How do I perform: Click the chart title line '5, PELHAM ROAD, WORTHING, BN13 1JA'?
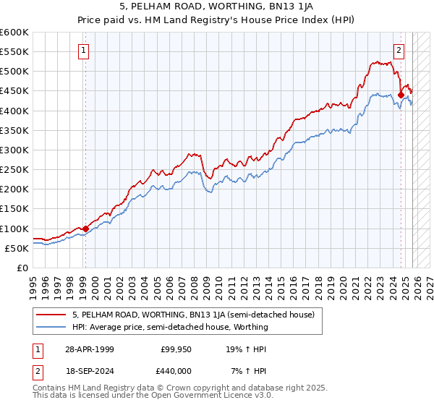(217, 9)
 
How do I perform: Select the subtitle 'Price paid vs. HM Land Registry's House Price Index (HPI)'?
(217, 22)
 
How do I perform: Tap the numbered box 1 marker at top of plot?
(85, 51)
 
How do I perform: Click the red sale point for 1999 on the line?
(85, 229)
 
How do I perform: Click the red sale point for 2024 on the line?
(401, 94)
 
